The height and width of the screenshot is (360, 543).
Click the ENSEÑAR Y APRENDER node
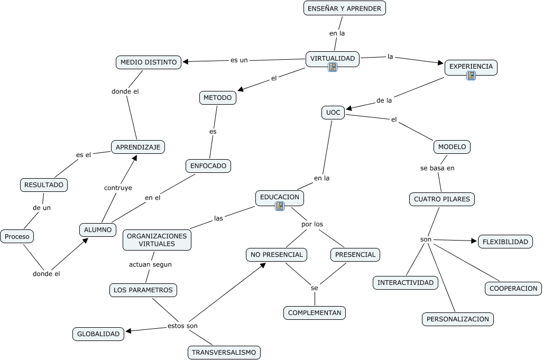[x=345, y=8]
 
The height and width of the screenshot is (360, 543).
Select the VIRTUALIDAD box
[x=333, y=58]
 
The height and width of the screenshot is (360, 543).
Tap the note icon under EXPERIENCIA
[x=471, y=76]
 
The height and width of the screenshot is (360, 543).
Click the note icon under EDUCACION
[x=280, y=206]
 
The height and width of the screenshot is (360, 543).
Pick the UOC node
[x=333, y=113]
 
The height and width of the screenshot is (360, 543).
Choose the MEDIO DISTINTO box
[x=149, y=62]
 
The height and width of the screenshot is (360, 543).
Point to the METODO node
[x=217, y=98]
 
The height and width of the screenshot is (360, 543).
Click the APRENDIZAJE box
[x=138, y=147]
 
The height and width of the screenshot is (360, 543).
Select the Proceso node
[x=17, y=237]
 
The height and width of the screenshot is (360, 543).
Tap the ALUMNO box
[x=98, y=230]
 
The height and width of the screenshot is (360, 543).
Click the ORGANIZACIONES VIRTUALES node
[x=157, y=240]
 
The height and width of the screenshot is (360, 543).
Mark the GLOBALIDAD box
[x=98, y=334]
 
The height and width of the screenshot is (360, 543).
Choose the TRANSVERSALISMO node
[x=224, y=352]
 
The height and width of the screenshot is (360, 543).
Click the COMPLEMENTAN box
[x=315, y=313]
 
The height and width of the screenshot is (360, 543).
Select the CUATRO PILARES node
[x=442, y=199]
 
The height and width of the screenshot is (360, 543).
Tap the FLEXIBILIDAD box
[x=505, y=242]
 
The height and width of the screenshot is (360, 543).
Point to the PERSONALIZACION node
[x=458, y=319]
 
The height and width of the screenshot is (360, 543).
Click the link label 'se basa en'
[x=437, y=168]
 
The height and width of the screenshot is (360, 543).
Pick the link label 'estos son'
[x=182, y=326]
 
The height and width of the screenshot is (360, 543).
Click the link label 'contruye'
[x=118, y=187]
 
